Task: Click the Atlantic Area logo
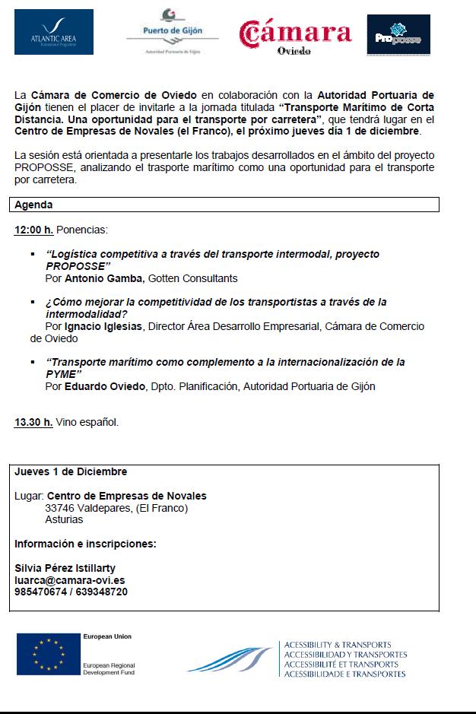(x=53, y=33)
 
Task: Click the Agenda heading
(x=33, y=205)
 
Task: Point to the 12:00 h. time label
(x=33, y=230)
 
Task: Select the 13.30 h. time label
(x=33, y=422)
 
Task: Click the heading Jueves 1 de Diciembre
(x=71, y=471)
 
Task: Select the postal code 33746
(x=60, y=508)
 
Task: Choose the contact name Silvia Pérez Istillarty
(x=65, y=568)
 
